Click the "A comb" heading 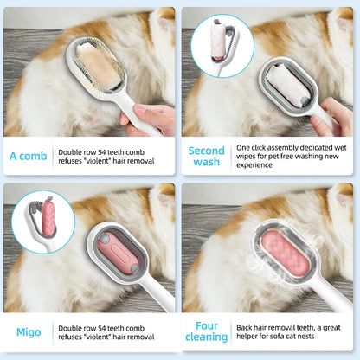click(x=28, y=157)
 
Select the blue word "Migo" click(x=28, y=332)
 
